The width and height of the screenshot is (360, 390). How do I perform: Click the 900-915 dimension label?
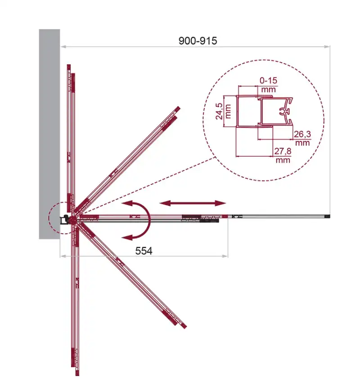point(198,41)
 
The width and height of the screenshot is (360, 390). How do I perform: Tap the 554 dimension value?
point(144,251)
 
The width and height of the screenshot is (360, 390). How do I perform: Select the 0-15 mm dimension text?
point(268,85)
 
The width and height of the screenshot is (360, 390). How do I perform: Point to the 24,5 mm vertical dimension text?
point(223,111)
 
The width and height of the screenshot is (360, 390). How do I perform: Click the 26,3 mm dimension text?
point(302,138)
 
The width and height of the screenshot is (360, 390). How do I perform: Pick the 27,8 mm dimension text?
point(283,155)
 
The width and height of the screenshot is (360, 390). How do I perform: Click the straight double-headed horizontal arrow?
point(193,204)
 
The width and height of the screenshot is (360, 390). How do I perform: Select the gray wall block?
point(49,134)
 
